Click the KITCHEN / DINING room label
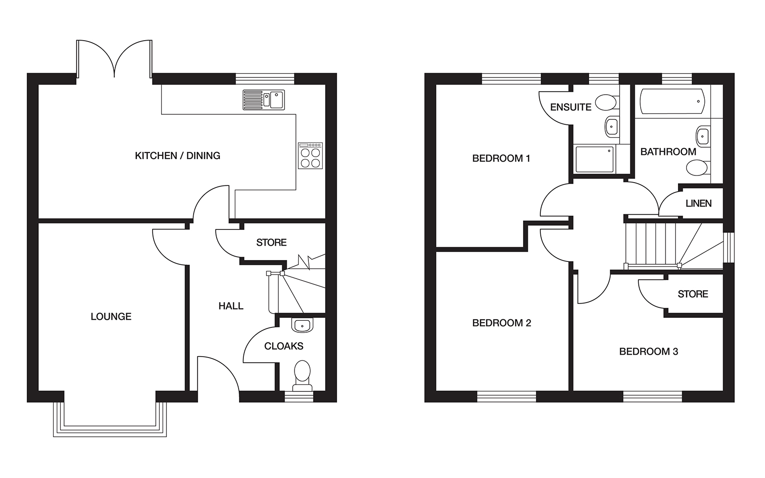pyautogui.click(x=177, y=156)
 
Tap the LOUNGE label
pyautogui.click(x=111, y=316)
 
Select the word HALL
pyautogui.click(x=231, y=306)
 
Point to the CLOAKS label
pyautogui.click(x=284, y=346)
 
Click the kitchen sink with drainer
pyautogui.click(x=263, y=100)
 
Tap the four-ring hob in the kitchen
pyautogui.click(x=310, y=156)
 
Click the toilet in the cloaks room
pyautogui.click(x=302, y=376)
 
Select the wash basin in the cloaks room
pyautogui.click(x=302, y=325)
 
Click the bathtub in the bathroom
pyautogui.click(x=672, y=101)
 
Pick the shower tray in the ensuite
pyautogui.click(x=595, y=160)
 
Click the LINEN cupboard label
pyautogui.click(x=699, y=204)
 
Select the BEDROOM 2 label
pyautogui.click(x=502, y=323)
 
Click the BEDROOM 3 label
pyautogui.click(x=649, y=352)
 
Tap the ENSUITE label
pyautogui.click(x=571, y=107)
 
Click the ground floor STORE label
pyautogui.click(x=272, y=242)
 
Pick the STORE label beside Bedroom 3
pyautogui.click(x=693, y=294)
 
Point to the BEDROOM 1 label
pyautogui.click(x=501, y=158)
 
